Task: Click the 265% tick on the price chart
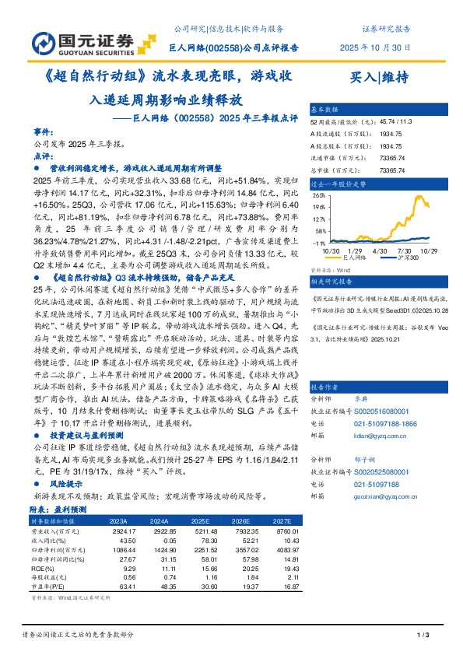point(318,196)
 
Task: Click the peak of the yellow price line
point(420,196)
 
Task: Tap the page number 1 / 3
point(424,636)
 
